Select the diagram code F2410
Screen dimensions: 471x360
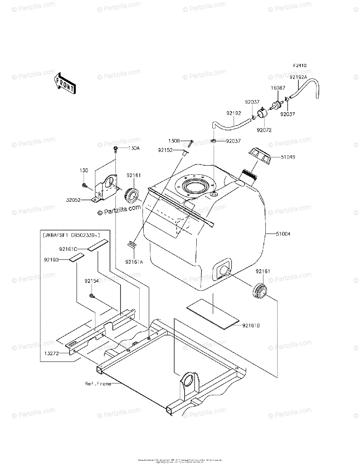300,66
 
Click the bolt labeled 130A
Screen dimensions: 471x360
116,149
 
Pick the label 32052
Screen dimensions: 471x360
73,200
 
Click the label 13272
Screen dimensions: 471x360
51,353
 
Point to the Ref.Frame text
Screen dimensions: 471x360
98,383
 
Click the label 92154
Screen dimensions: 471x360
92,281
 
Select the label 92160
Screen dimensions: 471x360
51,259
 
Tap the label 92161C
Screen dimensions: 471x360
68,249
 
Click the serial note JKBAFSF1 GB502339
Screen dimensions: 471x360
71,235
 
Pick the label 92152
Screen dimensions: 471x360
166,150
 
